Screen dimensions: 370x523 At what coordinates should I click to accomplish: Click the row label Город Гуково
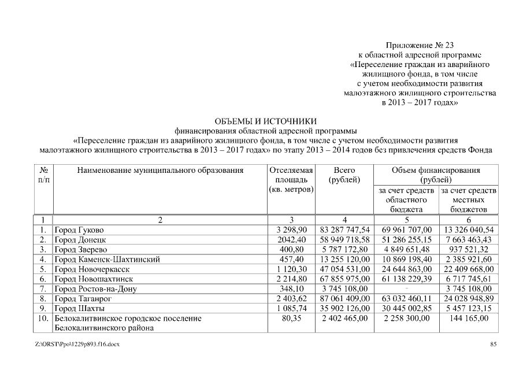79,230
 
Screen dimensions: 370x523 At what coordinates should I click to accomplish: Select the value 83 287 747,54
344,230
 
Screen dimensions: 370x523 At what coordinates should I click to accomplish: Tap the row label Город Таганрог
82,299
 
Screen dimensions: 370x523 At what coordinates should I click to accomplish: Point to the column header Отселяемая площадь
291,180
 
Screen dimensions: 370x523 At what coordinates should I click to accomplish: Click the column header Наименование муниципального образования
157,171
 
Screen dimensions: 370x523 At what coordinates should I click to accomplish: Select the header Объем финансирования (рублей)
436,175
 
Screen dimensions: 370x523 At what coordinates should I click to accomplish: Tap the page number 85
494,345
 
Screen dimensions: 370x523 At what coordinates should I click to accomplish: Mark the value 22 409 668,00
469,269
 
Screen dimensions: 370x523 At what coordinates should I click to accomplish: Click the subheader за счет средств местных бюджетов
469,199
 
